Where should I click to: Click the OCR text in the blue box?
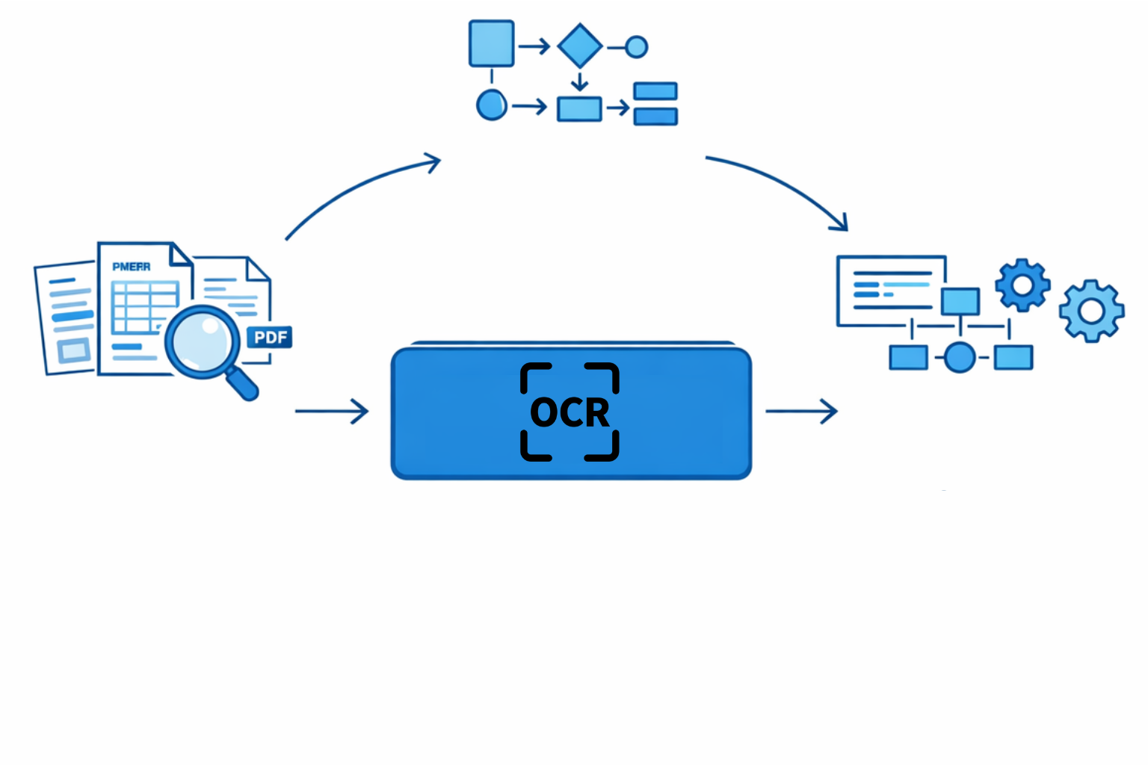point(570,412)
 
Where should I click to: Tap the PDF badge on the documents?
point(269,337)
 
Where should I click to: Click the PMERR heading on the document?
point(132,267)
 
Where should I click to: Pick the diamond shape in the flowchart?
point(580,46)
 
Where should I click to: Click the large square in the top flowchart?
point(491,44)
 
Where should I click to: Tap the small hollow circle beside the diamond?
point(636,47)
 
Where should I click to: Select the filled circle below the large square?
point(491,105)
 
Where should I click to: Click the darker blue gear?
point(1022,285)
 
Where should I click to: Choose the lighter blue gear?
point(1091,311)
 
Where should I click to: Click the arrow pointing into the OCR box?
point(332,411)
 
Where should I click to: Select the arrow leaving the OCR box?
point(801,411)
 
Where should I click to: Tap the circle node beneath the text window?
point(960,357)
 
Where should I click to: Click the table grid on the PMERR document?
point(143,306)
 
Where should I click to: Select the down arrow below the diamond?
point(579,81)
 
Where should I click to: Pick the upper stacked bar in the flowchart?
point(655,91)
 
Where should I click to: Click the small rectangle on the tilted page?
point(73,350)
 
